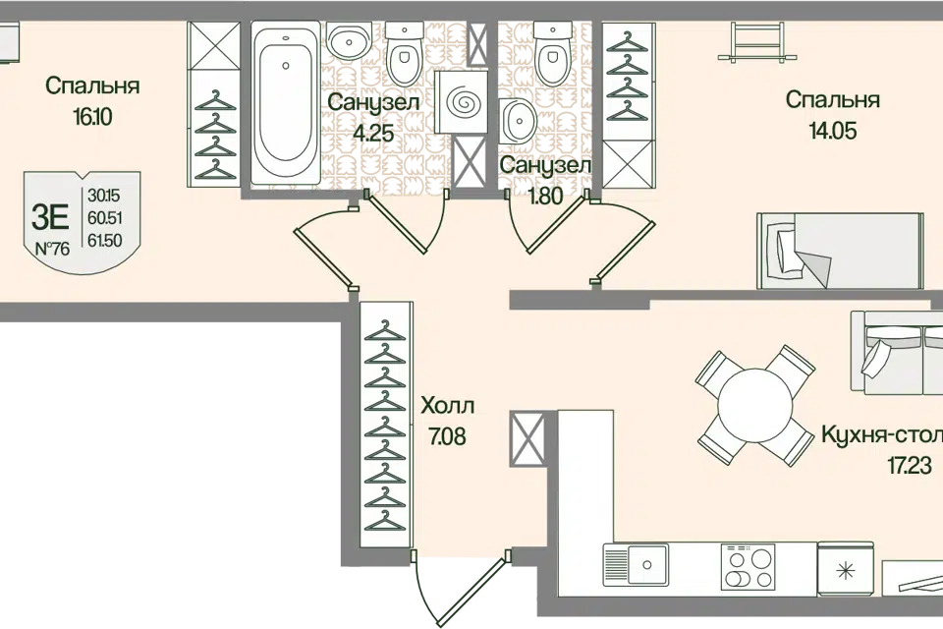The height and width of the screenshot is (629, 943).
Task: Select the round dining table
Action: pyautogui.click(x=755, y=402)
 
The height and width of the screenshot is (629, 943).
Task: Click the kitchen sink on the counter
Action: pyautogui.click(x=638, y=567)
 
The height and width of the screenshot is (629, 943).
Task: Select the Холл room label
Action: pyautogui.click(x=447, y=405)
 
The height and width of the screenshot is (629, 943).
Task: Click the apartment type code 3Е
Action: pyautogui.click(x=51, y=214)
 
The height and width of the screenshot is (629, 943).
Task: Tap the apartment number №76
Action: pyautogui.click(x=52, y=248)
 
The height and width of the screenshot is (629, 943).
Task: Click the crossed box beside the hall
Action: pyautogui.click(x=527, y=439)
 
